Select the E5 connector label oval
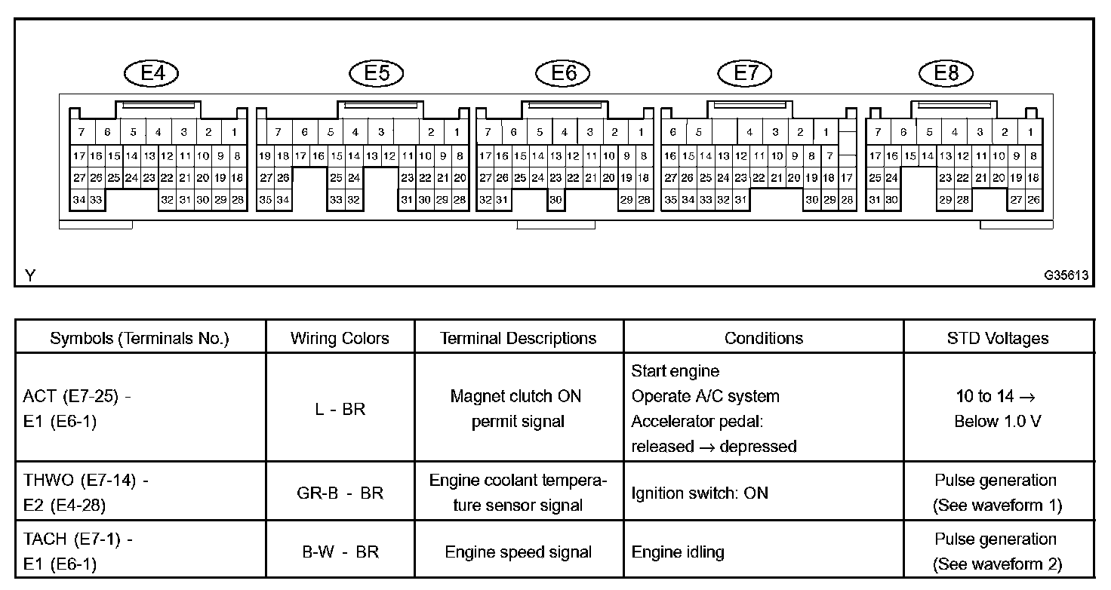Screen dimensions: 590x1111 (377, 72)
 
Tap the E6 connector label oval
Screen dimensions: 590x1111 (563, 72)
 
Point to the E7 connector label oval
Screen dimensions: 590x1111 (746, 72)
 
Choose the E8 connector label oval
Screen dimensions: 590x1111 (946, 72)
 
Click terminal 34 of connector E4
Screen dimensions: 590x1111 (78, 200)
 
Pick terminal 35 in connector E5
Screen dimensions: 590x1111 (265, 200)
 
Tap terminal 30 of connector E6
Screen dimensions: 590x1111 (555, 200)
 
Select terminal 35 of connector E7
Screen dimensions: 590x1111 (670, 200)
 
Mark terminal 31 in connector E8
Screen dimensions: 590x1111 (875, 200)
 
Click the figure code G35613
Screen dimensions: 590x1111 (1066, 276)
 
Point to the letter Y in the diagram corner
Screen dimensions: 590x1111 (30, 276)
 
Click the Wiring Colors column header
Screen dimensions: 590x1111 (340, 338)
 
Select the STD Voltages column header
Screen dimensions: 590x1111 (998, 338)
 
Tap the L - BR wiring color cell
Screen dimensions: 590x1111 (340, 408)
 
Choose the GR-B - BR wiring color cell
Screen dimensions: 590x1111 (340, 493)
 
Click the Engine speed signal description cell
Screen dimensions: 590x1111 (519, 552)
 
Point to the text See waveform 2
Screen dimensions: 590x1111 (998, 564)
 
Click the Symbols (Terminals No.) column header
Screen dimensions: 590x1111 (140, 338)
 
